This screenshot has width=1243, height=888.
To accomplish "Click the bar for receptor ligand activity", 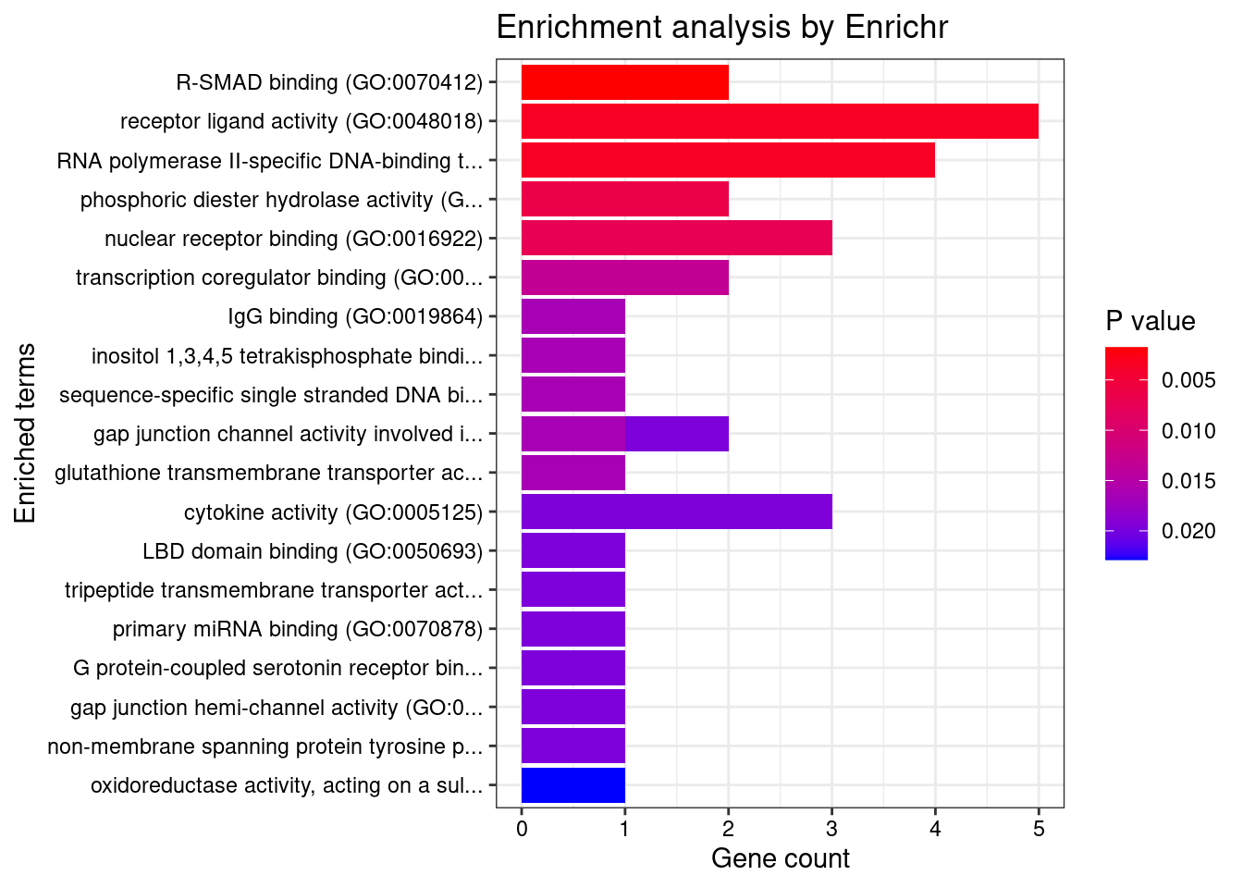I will (780, 121).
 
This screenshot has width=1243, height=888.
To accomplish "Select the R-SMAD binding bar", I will (625, 82).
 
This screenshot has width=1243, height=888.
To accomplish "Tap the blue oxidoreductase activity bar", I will (573, 785).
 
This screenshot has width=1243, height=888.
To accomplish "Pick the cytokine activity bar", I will (677, 512).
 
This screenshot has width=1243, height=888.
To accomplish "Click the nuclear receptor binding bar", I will (677, 238).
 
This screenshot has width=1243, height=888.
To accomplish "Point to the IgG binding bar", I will (573, 316).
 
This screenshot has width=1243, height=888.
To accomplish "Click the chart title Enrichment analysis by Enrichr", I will (722, 28).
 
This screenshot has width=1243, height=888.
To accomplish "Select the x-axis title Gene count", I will (780, 858).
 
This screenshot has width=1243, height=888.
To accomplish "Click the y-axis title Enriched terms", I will (26, 433).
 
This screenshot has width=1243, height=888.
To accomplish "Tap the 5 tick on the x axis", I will (1039, 829).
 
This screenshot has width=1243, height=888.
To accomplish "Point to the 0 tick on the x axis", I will (522, 829).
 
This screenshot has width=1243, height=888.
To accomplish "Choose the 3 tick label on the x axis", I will (832, 829).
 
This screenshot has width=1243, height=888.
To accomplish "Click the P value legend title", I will (1151, 321).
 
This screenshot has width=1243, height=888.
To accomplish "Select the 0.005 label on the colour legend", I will (1188, 380).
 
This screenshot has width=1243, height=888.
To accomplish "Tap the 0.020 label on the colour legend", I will (1188, 531).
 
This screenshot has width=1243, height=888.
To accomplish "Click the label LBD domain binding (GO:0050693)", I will (313, 551).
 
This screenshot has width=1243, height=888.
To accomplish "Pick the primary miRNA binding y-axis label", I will (298, 629).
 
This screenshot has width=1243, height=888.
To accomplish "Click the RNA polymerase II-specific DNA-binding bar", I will (728, 160).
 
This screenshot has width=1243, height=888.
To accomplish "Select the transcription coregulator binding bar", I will (625, 277).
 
